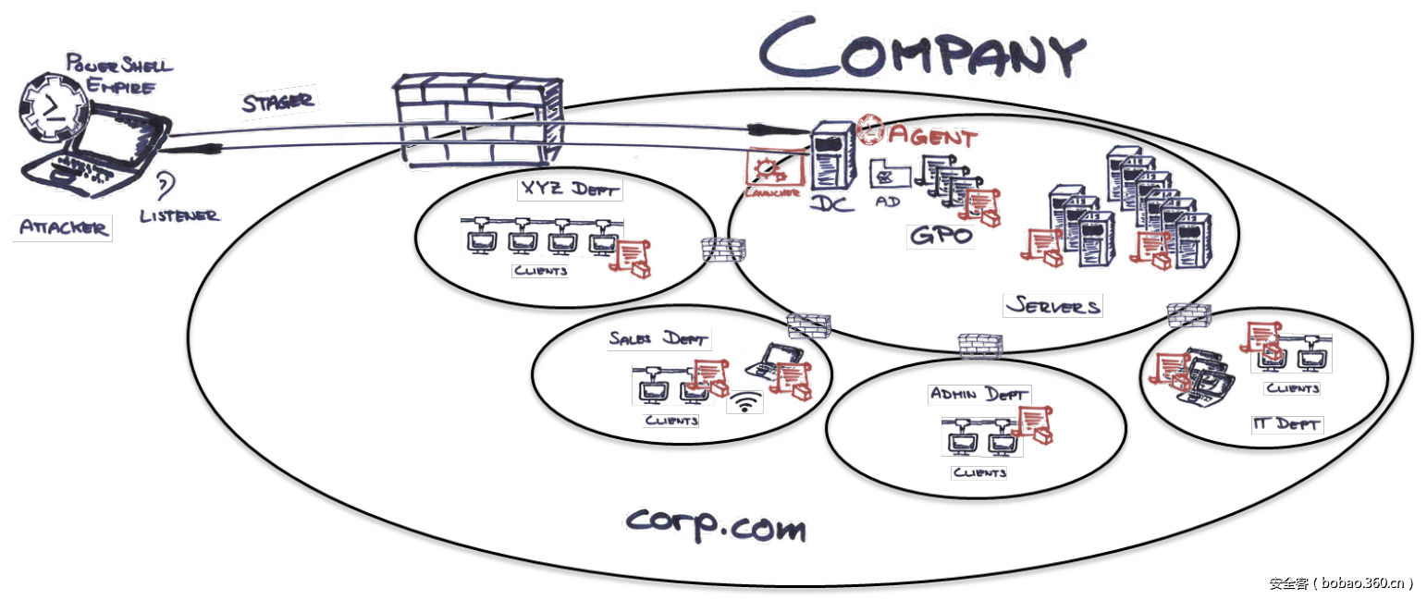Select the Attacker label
(x=62, y=228)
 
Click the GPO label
(x=941, y=236)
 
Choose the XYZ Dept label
(x=569, y=190)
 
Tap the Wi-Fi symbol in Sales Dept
(x=744, y=403)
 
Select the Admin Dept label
(x=978, y=395)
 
